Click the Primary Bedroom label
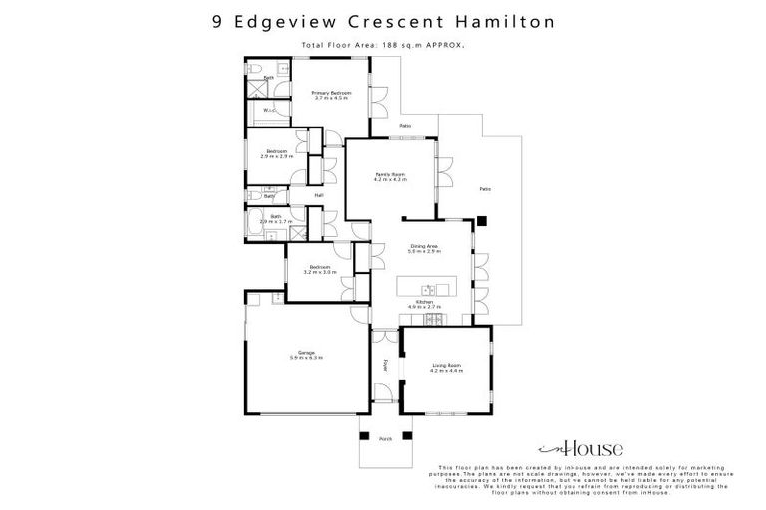pyautogui.click(x=331, y=92)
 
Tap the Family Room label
pyautogui.click(x=389, y=174)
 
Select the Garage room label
pyautogui.click(x=306, y=352)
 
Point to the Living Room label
pyautogui.click(x=446, y=365)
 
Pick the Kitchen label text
pyautogui.click(x=424, y=302)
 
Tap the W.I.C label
pyautogui.click(x=268, y=110)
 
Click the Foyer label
pyautogui.click(x=385, y=364)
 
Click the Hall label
pyautogui.click(x=319, y=195)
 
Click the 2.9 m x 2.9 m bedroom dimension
pyautogui.click(x=276, y=157)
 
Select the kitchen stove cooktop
pyautogui.click(x=433, y=319)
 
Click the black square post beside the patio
pyautogui.click(x=480, y=221)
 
